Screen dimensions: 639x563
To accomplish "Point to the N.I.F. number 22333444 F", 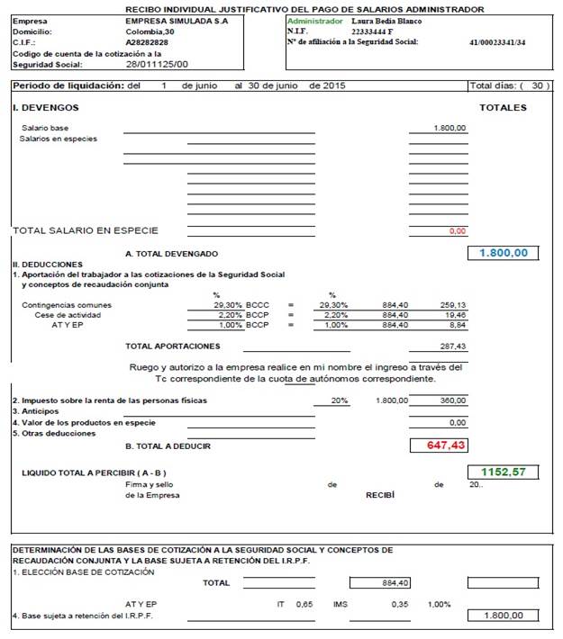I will coord(371,31).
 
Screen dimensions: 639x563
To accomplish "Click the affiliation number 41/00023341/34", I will coord(497,42).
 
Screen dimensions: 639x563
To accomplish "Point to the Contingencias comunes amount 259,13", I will coord(452,305).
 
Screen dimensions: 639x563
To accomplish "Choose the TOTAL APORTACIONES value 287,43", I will coord(452,346).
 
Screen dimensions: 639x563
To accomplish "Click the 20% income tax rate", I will coord(340,400).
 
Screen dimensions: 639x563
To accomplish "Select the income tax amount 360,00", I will coord(452,400).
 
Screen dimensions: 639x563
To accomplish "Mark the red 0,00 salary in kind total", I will coord(457,231).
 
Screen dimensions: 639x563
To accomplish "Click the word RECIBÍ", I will coord(379,495).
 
